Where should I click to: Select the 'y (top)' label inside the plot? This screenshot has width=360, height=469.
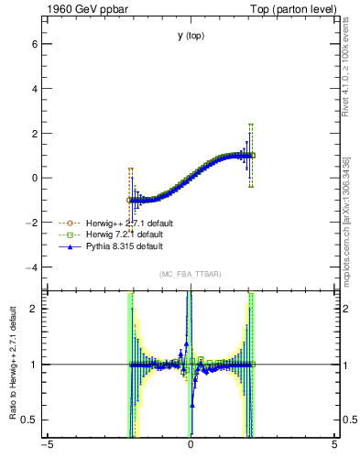(x=191, y=36)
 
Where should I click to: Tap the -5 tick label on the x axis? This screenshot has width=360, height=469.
(x=47, y=445)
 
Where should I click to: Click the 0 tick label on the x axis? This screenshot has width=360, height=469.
(x=191, y=445)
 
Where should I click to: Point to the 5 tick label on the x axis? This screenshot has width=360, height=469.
(x=334, y=445)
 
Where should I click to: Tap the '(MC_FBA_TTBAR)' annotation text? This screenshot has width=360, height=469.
(x=191, y=275)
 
